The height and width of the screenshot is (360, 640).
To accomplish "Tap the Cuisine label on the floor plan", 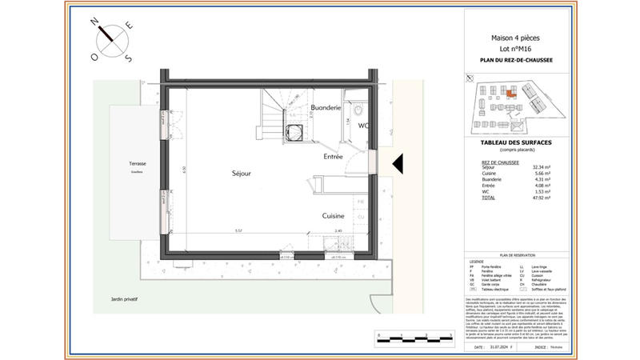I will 333,216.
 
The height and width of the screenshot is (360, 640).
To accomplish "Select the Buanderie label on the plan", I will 326,107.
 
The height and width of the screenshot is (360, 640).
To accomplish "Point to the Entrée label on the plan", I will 333,157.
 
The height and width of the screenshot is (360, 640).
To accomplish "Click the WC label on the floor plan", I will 362,126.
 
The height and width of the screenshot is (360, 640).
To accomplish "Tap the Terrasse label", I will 127,163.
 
